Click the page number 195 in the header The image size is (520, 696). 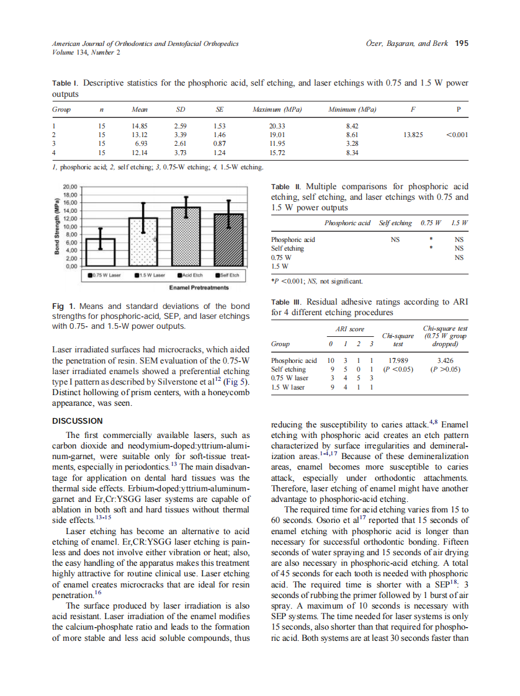pos(461,43)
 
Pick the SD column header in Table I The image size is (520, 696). pos(181,110)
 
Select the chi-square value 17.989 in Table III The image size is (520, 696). pos(398,360)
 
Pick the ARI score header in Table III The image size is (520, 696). pos(349,329)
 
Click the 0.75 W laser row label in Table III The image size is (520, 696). pos(289,378)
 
